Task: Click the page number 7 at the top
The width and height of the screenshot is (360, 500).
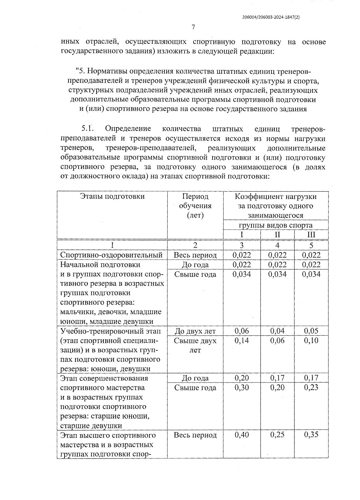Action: [x=193, y=28]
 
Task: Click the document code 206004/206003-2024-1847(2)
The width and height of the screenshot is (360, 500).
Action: [x=271, y=17]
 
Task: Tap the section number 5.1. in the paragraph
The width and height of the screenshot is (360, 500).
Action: [x=88, y=129]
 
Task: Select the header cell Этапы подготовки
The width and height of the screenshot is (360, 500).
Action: [x=112, y=196]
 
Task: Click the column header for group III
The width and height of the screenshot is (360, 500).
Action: [x=311, y=235]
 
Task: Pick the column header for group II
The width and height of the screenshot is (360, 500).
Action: [x=277, y=235]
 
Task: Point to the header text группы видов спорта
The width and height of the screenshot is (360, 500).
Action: [x=276, y=225]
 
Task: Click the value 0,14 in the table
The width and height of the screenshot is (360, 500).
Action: [x=241, y=341]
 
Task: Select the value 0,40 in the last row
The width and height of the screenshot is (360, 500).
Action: [x=241, y=435]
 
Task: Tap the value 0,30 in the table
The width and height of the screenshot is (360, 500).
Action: [x=241, y=388]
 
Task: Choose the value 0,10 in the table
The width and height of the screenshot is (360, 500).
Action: [x=311, y=341]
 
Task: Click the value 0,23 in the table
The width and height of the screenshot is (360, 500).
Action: [x=311, y=388]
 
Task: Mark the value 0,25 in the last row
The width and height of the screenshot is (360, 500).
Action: [x=277, y=435]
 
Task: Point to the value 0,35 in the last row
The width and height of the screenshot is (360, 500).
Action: [x=311, y=435]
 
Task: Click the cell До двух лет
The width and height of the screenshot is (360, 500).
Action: [x=195, y=331]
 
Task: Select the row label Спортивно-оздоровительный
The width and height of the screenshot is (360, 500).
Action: [x=112, y=255]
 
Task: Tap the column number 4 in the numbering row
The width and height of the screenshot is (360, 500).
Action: [x=277, y=246]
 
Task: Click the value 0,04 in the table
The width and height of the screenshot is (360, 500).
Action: [x=277, y=331]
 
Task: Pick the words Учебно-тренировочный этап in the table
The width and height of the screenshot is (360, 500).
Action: [x=110, y=331]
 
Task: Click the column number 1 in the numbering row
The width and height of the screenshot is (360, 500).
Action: [x=112, y=246]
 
